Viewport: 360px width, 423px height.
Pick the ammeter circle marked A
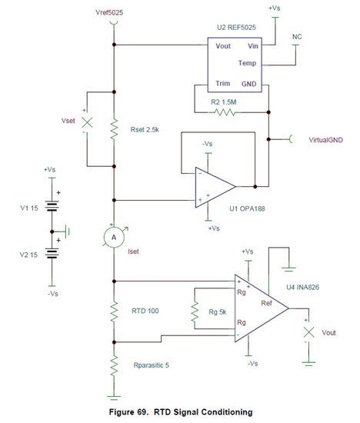point(113,238)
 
